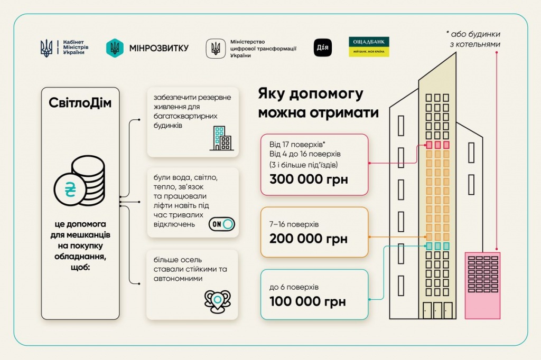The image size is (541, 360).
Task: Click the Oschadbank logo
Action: tap(369, 47)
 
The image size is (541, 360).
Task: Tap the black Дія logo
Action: tap(323, 48)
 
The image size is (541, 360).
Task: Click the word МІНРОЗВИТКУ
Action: tap(159, 48)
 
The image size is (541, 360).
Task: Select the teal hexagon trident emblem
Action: tap(115, 48)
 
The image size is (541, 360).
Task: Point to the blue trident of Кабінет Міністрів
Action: tap(46, 48)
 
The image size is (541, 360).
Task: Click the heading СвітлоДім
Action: tap(80, 103)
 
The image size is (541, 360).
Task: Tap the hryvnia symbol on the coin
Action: tap(70, 189)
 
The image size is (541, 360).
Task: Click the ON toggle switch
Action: tap(221, 224)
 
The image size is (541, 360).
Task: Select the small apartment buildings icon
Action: tap(221, 138)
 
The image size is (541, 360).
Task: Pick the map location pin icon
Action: tap(217, 301)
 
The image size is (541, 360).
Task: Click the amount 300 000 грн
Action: tap(309, 179)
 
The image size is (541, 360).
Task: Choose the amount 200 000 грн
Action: tap(309, 239)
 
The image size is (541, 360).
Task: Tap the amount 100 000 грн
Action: tap(307, 301)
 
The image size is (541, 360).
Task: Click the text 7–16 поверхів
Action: tap(294, 224)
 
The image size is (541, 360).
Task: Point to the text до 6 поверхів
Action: tap(294, 287)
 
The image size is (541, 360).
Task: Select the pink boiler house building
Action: tap(482, 286)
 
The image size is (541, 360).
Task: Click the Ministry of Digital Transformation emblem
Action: tap(216, 48)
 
